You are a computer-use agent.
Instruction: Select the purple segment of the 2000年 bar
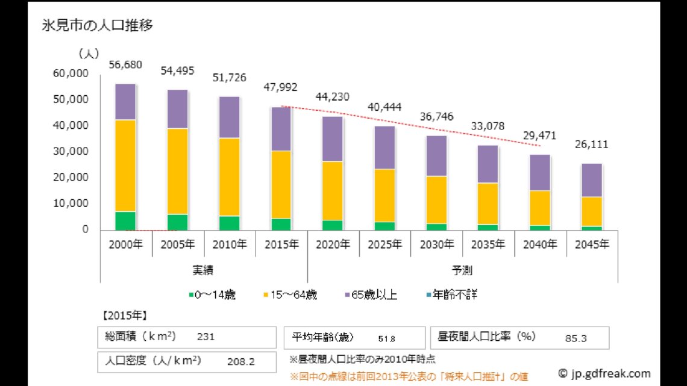[x=125, y=102]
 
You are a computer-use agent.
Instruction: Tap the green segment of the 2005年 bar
[x=177, y=222]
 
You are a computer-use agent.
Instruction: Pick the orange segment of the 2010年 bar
[x=229, y=177]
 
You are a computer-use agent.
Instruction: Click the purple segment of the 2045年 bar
[x=592, y=180]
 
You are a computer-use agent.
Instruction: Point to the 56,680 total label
[x=125, y=65]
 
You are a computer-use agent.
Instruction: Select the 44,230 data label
[x=332, y=97]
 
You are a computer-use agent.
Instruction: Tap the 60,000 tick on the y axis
[x=71, y=73]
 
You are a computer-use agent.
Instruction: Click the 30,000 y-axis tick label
[x=71, y=152]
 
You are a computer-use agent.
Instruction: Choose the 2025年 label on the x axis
[x=384, y=244]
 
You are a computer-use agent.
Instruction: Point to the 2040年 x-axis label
[x=540, y=244]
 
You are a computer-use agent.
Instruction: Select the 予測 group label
[x=462, y=269]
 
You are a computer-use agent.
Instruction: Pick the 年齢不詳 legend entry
[x=451, y=295]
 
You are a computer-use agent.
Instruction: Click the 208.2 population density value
[x=241, y=362]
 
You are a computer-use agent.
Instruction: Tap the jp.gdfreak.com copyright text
[x=604, y=373]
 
